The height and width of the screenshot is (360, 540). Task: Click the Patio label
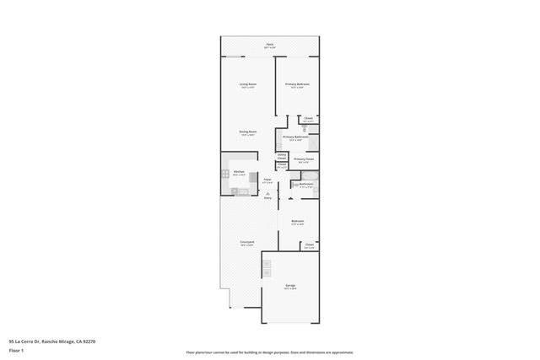point(269,45)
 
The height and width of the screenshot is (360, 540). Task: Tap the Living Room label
point(247,84)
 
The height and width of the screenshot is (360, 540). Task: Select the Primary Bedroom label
point(296,84)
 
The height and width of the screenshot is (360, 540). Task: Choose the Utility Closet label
point(282,156)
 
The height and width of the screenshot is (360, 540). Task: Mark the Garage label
point(289,287)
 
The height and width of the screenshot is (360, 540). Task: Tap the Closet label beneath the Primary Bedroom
point(309,118)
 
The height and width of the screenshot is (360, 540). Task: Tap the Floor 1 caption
point(16,350)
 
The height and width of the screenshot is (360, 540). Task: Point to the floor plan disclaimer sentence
point(270,352)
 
